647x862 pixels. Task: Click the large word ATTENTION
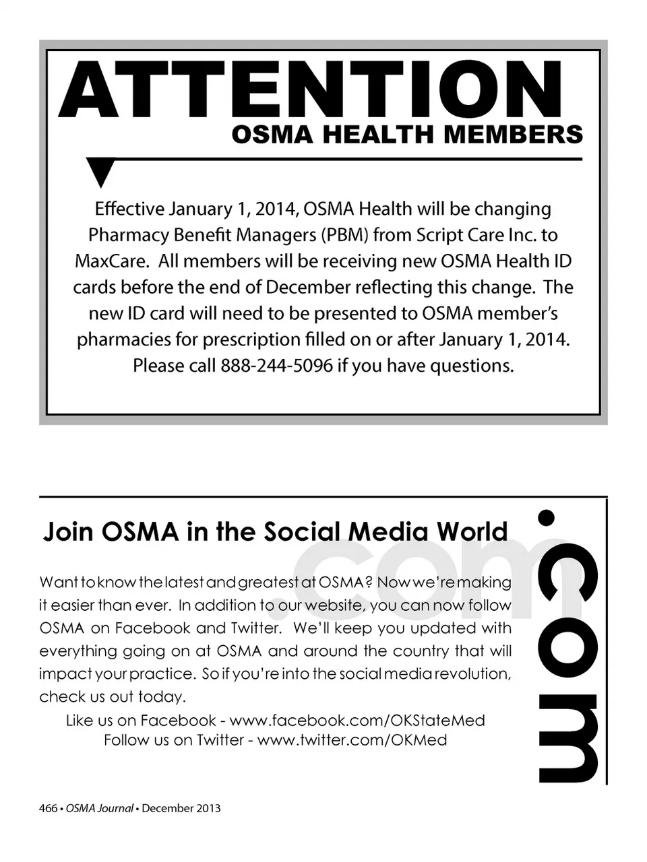pos(311,90)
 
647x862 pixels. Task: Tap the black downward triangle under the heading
pos(101,172)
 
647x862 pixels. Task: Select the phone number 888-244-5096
pos(276,366)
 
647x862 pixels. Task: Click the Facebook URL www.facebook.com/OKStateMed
pos(357,721)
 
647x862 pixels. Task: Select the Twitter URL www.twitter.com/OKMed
pos(352,740)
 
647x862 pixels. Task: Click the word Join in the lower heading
pos(67,532)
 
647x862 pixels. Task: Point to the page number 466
pos(48,808)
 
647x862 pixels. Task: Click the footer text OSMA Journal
pos(99,808)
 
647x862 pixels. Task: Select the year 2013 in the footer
pos(208,808)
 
